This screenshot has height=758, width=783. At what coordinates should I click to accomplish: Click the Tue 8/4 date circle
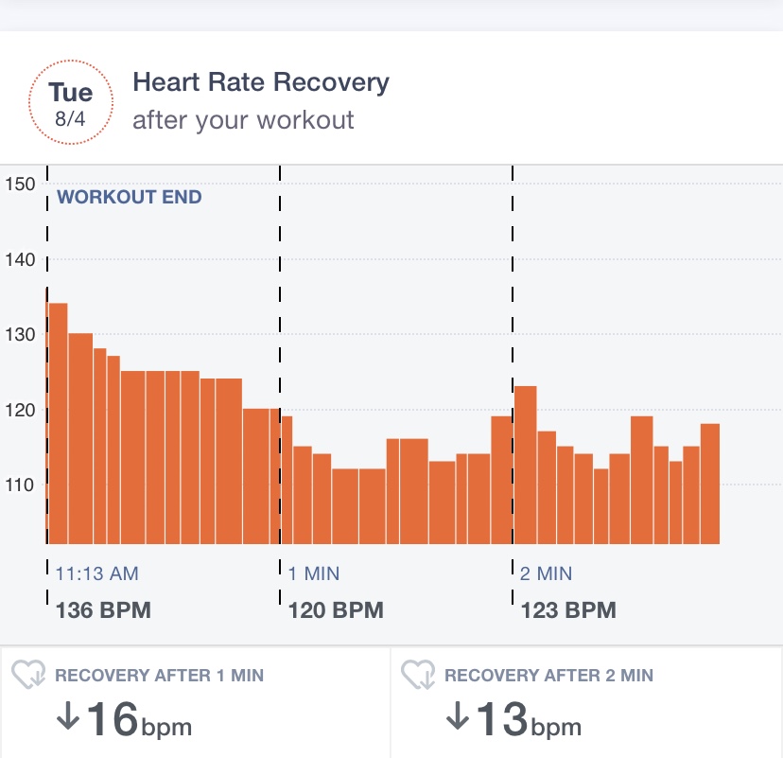click(71, 102)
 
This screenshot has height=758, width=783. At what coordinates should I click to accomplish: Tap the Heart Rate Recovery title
click(261, 83)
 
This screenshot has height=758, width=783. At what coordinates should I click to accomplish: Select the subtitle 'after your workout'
click(243, 120)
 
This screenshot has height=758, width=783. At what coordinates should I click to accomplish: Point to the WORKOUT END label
click(130, 197)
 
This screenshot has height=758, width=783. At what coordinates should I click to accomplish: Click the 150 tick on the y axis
click(20, 184)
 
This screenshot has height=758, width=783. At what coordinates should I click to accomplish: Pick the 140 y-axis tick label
click(20, 259)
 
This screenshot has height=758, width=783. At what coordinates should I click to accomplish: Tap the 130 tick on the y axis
click(20, 334)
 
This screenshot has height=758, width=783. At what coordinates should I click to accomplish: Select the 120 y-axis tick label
click(20, 410)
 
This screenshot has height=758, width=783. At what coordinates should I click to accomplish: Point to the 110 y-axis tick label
click(20, 485)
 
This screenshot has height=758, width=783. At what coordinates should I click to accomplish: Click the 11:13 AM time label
click(96, 573)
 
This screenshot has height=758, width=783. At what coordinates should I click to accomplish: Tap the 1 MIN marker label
click(314, 573)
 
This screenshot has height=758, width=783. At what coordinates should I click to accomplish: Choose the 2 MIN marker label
click(546, 573)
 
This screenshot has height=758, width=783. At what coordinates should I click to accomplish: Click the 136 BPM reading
click(103, 610)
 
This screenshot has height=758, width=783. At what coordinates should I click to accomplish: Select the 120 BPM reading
click(336, 610)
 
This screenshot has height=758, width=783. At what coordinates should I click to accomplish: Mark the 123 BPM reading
click(568, 610)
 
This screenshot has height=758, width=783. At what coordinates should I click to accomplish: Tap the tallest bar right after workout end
click(58, 423)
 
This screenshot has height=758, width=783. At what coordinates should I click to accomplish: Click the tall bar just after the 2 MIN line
click(526, 465)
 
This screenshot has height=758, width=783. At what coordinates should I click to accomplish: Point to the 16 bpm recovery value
click(124, 719)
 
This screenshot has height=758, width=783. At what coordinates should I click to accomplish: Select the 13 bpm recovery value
click(513, 719)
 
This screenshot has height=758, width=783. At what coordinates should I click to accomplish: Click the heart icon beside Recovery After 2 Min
click(418, 675)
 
